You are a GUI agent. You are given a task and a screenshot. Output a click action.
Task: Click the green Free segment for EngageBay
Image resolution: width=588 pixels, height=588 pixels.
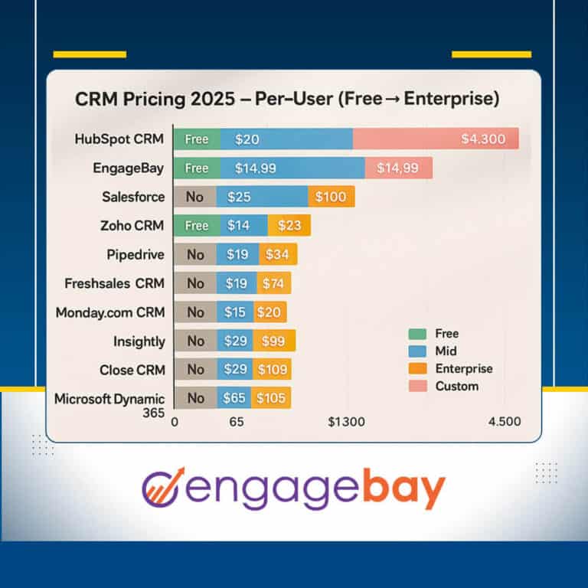click(197, 168)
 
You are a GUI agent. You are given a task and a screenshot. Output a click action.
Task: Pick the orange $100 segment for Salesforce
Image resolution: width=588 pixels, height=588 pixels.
click(331, 197)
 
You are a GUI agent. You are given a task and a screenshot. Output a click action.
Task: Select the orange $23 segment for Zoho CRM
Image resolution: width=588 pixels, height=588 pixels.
click(289, 226)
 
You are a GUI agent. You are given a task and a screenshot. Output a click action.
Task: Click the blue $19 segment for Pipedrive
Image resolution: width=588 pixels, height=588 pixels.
click(237, 254)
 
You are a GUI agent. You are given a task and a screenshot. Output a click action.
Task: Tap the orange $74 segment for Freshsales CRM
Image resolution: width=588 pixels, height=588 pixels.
click(273, 283)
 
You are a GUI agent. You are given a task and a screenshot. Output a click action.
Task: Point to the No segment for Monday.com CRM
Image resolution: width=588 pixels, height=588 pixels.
click(195, 312)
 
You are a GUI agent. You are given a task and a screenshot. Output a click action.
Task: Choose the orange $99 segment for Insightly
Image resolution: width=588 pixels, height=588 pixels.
click(276, 341)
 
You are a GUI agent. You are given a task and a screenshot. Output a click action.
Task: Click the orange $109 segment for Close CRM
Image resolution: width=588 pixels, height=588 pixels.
click(273, 370)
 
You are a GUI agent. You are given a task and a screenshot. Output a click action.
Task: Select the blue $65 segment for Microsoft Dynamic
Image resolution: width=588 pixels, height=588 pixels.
click(234, 398)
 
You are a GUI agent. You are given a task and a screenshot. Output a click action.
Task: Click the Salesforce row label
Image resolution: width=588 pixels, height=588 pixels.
click(133, 197)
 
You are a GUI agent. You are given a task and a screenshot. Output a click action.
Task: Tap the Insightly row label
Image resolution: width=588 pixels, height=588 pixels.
click(139, 341)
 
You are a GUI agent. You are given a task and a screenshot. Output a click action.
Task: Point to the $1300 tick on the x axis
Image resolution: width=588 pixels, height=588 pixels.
click(346, 422)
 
